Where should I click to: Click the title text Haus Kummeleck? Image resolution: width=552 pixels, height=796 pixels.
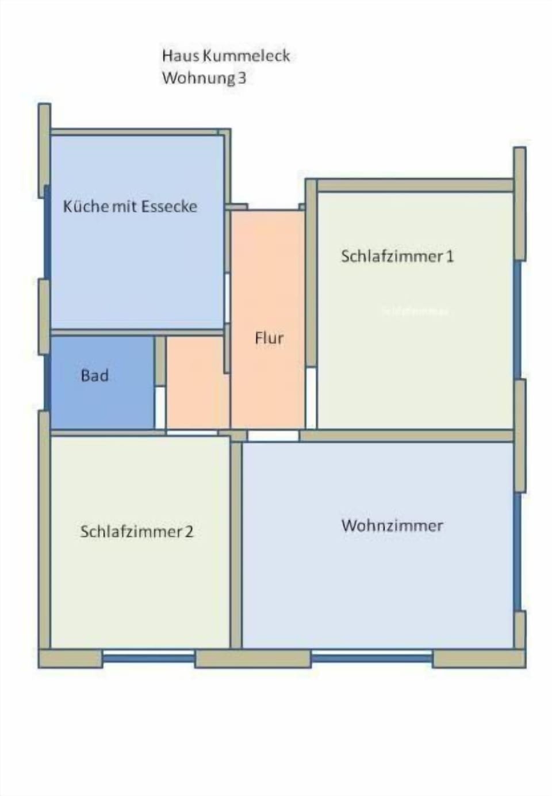225,56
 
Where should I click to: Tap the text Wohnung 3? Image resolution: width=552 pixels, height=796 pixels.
204,78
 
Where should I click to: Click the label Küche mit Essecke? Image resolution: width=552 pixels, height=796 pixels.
130,206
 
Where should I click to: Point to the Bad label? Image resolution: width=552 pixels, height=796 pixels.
95,376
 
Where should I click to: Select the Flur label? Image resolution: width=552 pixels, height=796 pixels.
269,338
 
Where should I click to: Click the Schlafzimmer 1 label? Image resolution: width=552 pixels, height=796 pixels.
397,256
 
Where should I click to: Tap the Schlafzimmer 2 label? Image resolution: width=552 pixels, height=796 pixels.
137,532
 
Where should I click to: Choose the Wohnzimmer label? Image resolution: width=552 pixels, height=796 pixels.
392,525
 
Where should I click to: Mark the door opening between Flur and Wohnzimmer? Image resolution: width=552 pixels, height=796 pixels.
273,436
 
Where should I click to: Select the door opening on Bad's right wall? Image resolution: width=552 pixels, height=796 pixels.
160,407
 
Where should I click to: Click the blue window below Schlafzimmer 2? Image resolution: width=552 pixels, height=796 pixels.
148,657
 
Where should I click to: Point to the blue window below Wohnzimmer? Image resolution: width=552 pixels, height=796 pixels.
371,657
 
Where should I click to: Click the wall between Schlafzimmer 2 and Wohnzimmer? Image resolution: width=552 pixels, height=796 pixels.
236,543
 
